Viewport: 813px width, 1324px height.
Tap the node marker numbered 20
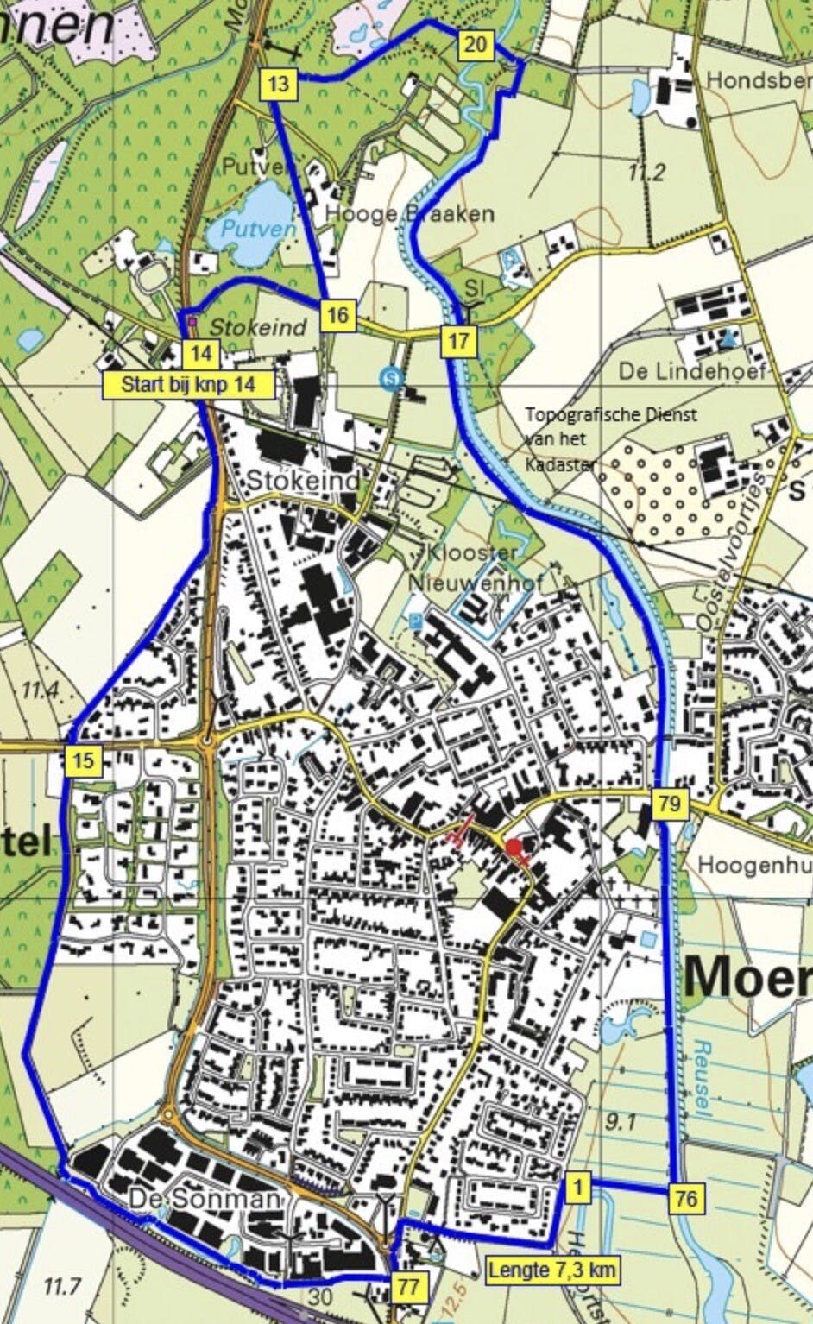[476, 45]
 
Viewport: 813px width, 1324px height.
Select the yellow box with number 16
[337, 315]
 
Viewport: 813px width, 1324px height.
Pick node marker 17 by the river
[458, 341]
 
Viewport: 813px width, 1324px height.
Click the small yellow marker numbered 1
[577, 1188]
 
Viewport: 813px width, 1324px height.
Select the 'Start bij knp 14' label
[188, 385]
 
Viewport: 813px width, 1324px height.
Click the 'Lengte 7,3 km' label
[551, 1270]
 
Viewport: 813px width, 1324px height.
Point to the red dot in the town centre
[515, 848]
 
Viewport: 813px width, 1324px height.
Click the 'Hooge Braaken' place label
[409, 213]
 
